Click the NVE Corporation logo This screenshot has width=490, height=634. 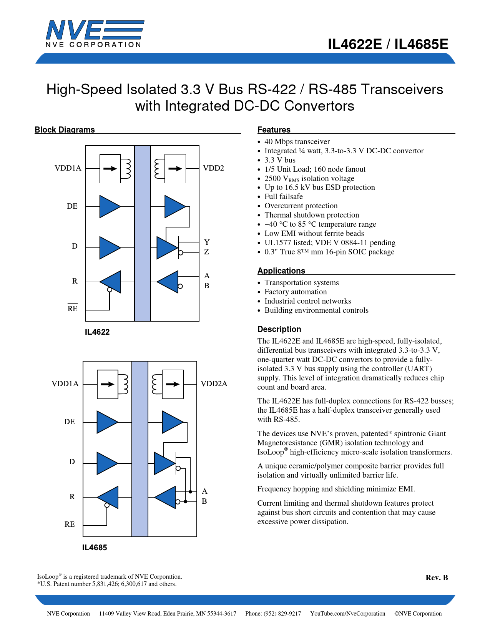pos(95,34)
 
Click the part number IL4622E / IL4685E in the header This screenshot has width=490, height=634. pos(388,45)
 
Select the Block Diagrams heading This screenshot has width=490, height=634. pos(65,130)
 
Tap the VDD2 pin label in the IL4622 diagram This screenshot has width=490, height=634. pos(213,168)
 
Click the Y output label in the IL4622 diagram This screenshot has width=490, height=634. pos(207,242)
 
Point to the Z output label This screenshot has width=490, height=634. pos(206,252)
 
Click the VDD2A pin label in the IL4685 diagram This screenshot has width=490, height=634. pos(214,384)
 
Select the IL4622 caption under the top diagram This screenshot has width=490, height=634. pos(97,332)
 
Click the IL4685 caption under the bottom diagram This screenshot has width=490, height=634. pos(95,548)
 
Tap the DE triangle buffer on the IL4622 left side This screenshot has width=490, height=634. pos(109,206)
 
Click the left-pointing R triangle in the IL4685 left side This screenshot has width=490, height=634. pos(109,497)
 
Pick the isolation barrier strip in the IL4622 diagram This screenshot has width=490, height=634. pos(143,233)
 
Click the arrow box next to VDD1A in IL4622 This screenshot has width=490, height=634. pos(110,168)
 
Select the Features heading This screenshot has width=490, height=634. pos(274,130)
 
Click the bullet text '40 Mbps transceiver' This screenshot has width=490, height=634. pos(297,142)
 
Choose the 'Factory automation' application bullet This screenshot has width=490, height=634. pos(296,292)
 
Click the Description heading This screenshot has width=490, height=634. pos(279,329)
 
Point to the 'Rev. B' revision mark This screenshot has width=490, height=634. pos(437,578)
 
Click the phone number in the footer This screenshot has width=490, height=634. pos(273,614)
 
